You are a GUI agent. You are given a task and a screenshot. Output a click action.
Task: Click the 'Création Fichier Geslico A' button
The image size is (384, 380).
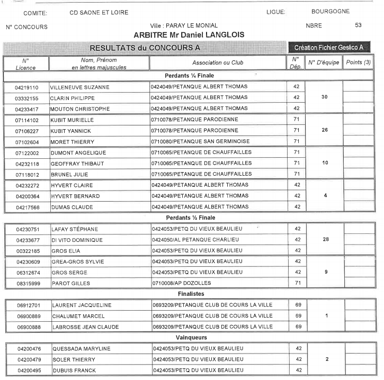click(328, 48)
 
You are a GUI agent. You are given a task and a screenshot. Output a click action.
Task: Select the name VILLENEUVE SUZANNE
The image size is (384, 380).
click(79, 87)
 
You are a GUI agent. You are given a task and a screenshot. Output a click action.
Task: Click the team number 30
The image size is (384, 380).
click(325, 98)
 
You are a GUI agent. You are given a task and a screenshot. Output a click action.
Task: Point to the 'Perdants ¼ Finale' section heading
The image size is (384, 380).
click(190, 76)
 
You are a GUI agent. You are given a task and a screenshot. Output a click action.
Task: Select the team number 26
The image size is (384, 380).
click(325, 131)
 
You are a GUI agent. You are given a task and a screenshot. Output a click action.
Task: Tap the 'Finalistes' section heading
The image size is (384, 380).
click(191, 294)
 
